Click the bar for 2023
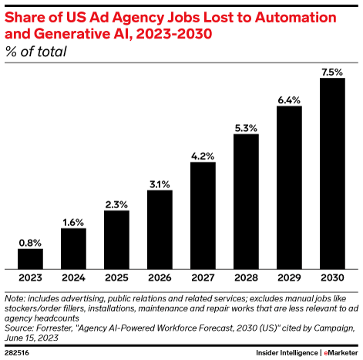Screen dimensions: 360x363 coord(30,257)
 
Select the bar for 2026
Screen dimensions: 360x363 coord(160,227)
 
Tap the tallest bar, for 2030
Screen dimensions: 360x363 coord(331,172)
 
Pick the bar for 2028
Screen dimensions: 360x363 coord(245,200)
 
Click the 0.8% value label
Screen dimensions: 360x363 coord(30,241)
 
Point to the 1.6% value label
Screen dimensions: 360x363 coord(73,221)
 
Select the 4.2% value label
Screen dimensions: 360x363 coord(203,155)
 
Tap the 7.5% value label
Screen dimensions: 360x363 coord(331,71)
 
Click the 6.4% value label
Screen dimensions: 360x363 coord(288,99)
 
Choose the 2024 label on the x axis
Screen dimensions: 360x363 coord(73,276)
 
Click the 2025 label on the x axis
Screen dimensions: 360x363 coord(116,276)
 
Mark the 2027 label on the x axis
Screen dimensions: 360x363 coord(203,276)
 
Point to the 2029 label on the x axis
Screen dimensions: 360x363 coord(288,276)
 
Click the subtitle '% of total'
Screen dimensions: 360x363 coord(35,52)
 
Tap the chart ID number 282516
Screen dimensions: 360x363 coord(18,350)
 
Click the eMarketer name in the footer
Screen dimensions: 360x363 coord(335,350)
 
